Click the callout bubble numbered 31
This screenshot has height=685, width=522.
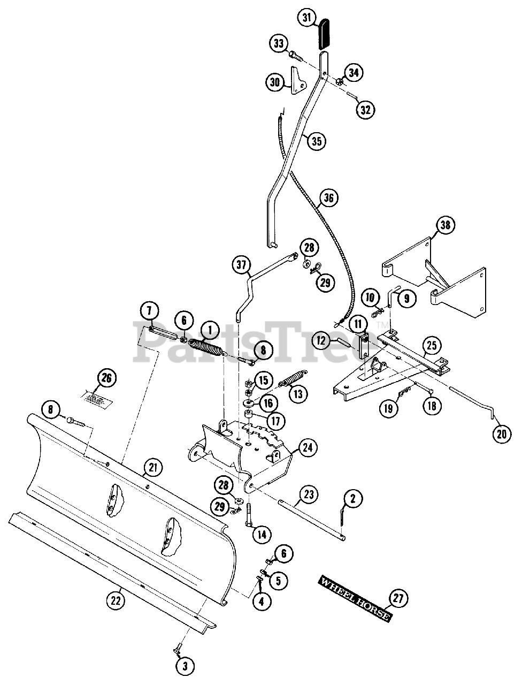coord(307,19)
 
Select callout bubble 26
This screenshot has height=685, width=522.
coord(106,378)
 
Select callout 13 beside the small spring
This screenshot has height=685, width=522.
coord(298,394)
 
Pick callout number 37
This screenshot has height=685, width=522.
coord(241,265)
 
